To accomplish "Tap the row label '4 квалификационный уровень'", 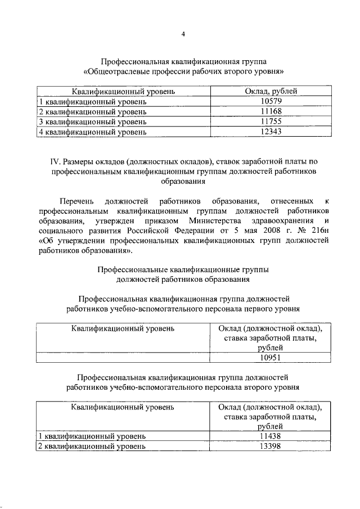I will pyautogui.click(x=92, y=133).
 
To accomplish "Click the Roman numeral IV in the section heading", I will pyautogui.click(x=55, y=162).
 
